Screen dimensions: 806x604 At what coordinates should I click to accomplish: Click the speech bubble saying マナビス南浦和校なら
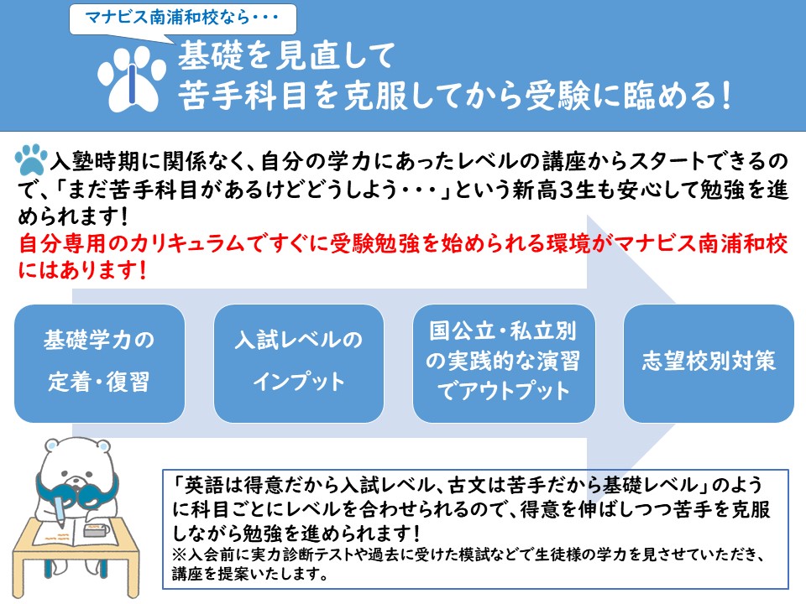pos(182,19)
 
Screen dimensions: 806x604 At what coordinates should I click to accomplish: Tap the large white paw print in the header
pos(132,79)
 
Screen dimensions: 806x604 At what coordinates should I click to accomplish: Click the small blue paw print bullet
pos(31,159)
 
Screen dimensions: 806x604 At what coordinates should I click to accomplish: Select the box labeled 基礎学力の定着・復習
pos(99,363)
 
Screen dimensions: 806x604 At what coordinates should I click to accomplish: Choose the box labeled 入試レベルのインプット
pos(299,363)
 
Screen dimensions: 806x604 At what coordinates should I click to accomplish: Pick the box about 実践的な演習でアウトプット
pos(504,363)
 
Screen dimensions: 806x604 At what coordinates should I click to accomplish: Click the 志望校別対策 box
pos(709,363)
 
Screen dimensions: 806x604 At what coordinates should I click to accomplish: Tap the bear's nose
pos(76,481)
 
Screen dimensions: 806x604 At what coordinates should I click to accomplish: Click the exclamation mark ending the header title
pos(725,96)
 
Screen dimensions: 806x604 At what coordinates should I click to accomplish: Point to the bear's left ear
pos(52,445)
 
